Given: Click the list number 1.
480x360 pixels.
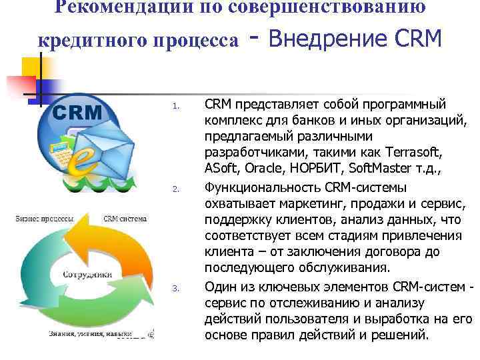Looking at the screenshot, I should [x=176, y=105].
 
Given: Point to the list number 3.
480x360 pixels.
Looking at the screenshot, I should [x=176, y=288].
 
